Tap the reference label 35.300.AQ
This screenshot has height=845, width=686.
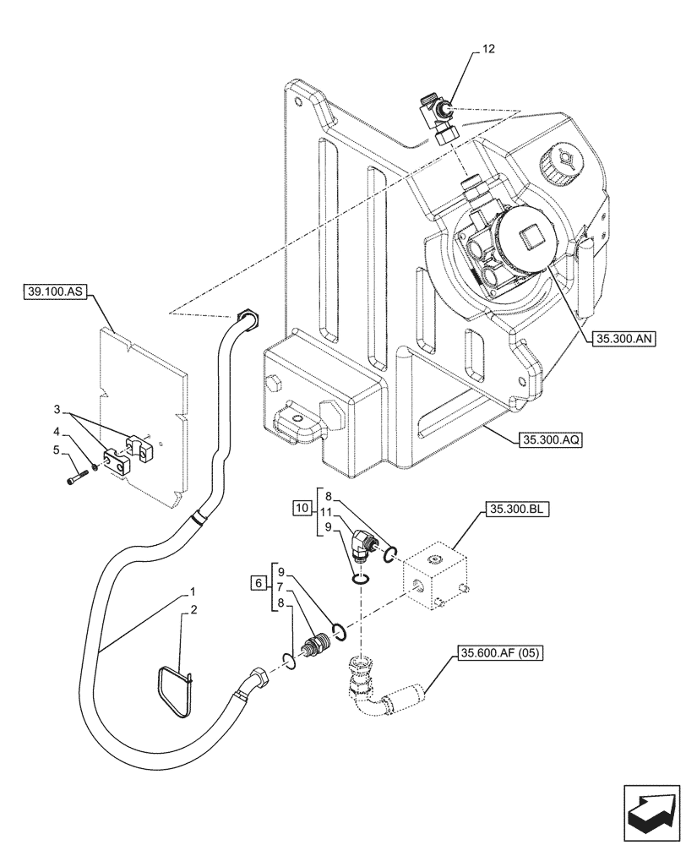544,439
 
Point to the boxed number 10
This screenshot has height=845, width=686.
302,509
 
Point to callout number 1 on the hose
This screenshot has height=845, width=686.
193,591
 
